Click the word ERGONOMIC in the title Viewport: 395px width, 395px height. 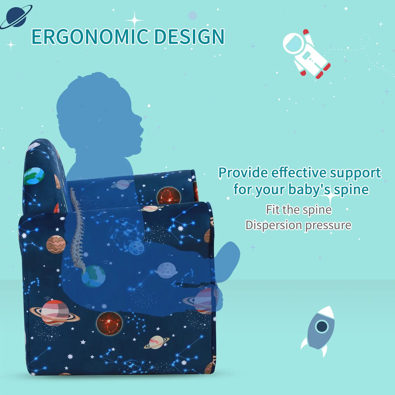tap(90, 37)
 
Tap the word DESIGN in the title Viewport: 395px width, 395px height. tap(189, 37)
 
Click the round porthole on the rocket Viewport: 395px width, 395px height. tap(322, 326)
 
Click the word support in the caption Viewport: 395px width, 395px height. tap(355, 173)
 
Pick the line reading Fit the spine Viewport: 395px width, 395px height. tap(299, 210)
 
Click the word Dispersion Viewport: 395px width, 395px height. tap(273, 225)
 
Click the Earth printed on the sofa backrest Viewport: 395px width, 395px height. tap(34, 176)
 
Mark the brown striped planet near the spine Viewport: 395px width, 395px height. tap(56, 244)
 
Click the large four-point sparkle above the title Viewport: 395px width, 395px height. tap(134, 20)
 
